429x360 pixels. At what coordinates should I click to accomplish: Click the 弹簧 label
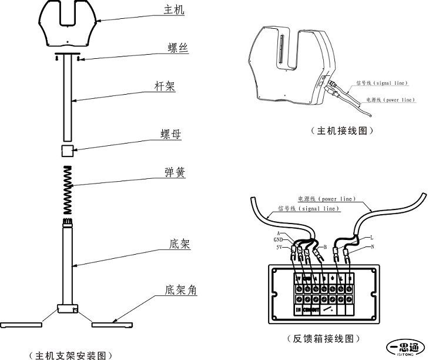point(173,172)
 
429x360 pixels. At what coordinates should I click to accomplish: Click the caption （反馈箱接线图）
point(323,339)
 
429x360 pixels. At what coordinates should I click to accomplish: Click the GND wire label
point(279,239)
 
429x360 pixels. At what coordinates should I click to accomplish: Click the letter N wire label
point(372,246)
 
